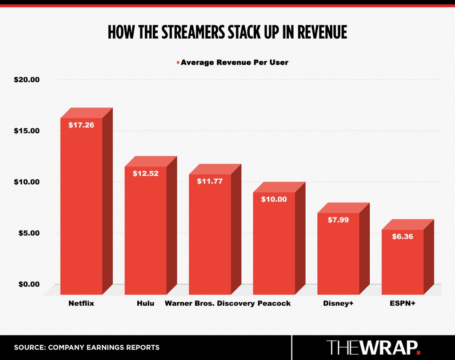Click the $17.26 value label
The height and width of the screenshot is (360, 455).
(x=81, y=125)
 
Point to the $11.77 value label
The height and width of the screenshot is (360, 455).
(x=210, y=181)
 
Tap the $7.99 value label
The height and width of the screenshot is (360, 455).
(x=338, y=220)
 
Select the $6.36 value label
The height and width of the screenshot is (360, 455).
(x=403, y=237)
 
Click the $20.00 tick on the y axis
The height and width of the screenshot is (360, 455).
(x=27, y=79)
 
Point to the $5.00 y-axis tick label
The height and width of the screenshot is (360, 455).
(x=29, y=233)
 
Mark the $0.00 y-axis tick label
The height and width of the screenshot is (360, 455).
(x=29, y=284)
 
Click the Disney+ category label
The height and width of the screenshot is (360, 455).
(x=338, y=303)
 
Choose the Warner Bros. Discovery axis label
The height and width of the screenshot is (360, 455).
(x=210, y=303)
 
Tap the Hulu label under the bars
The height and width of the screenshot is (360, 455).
(x=145, y=303)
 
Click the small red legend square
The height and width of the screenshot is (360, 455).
(x=178, y=63)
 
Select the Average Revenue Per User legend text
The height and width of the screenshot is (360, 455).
(x=235, y=62)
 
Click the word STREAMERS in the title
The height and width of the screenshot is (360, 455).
(x=193, y=32)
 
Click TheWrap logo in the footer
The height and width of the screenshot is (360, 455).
(x=373, y=347)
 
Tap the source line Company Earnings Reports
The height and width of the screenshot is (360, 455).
(x=87, y=347)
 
